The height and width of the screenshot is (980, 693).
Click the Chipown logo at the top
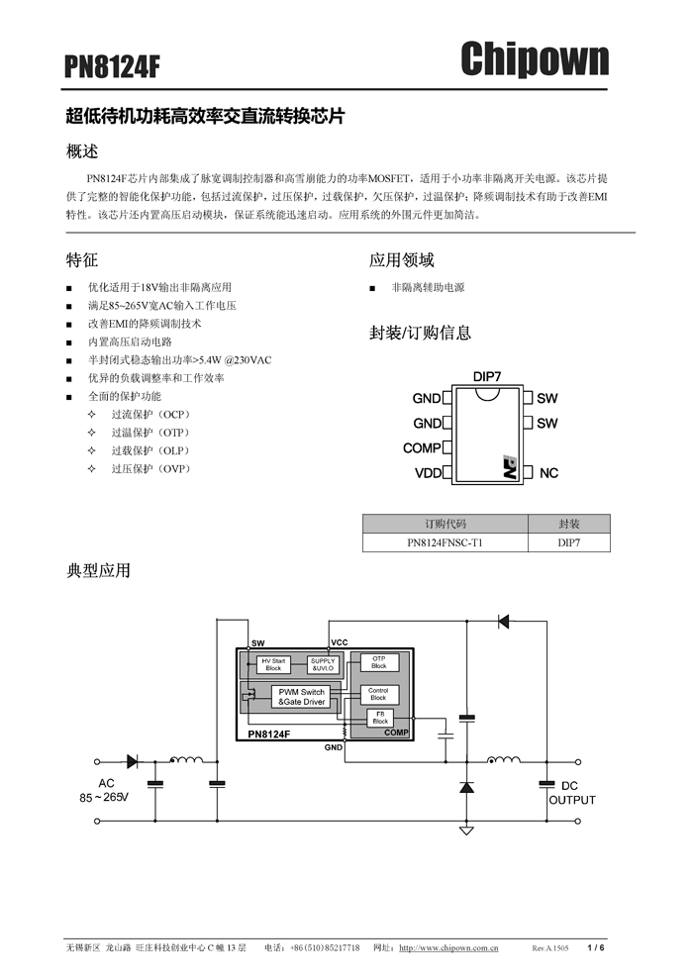(x=534, y=59)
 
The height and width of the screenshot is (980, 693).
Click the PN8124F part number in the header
(x=112, y=66)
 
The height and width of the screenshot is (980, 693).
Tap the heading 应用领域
(x=402, y=260)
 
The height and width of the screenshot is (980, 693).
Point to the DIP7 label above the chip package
(x=487, y=377)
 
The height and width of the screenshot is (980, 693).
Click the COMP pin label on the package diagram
(x=422, y=448)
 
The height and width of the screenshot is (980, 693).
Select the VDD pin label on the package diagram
(x=428, y=473)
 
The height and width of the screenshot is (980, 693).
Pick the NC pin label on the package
(x=548, y=473)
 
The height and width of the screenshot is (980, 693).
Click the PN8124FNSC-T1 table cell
(x=445, y=542)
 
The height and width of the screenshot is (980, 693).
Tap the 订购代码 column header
(x=445, y=524)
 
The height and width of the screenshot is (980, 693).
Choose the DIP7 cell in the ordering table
(x=569, y=542)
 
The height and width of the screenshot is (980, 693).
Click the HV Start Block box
(x=273, y=664)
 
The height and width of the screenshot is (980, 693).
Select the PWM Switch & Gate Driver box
(x=301, y=697)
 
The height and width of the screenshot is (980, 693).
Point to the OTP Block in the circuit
(x=379, y=661)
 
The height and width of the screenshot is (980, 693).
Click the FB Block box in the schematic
(x=380, y=718)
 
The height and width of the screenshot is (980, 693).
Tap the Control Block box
(x=378, y=694)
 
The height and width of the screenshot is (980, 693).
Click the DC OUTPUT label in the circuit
(x=571, y=792)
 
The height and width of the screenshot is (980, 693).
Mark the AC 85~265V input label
(x=105, y=789)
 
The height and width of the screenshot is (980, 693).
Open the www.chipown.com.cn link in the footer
(x=447, y=948)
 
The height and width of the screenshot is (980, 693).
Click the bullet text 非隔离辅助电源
(x=428, y=287)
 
